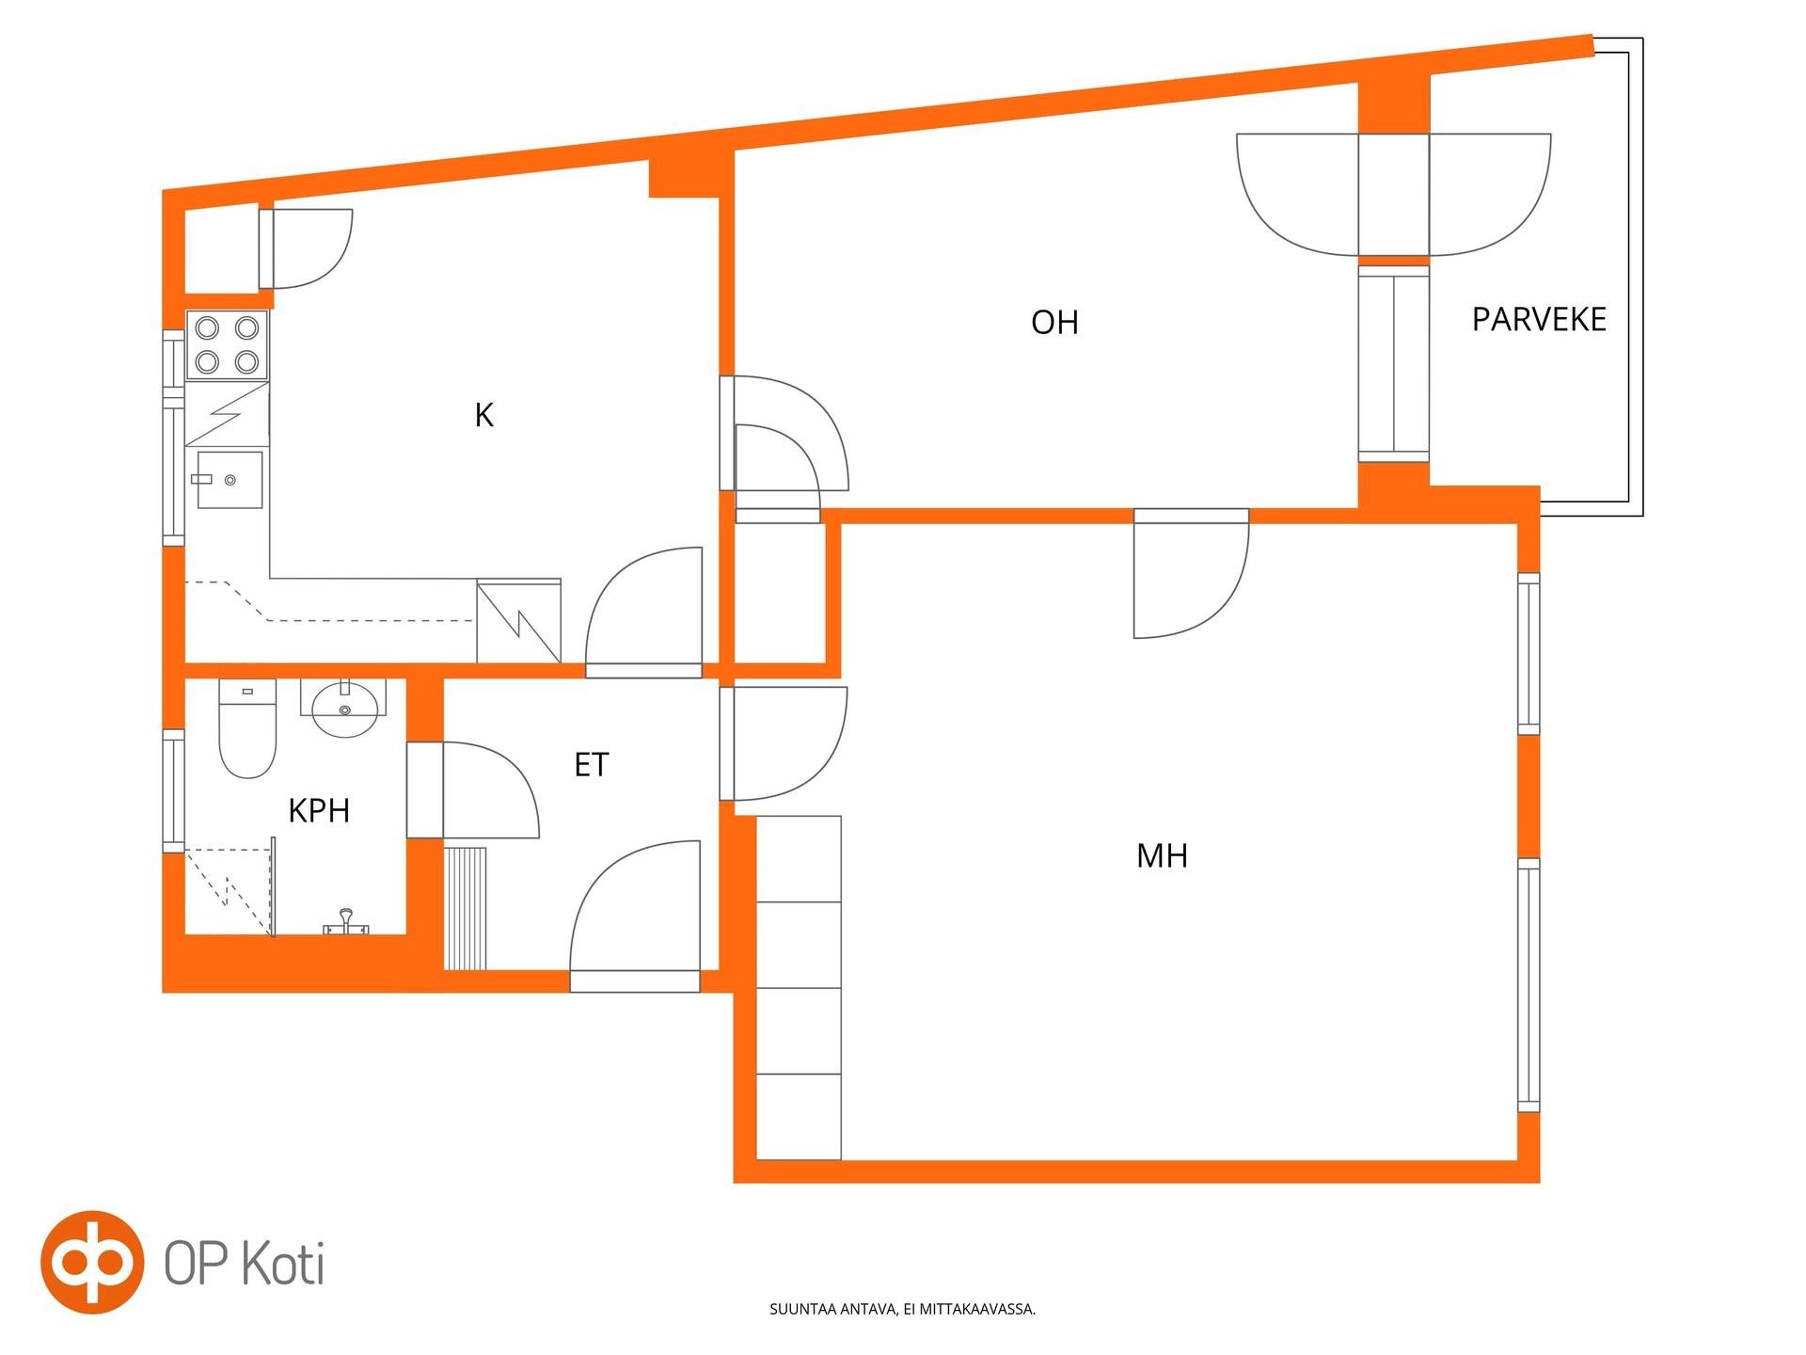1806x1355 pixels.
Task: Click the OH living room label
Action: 1054,323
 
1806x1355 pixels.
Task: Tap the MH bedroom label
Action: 1162,855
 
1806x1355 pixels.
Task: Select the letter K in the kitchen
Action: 483,415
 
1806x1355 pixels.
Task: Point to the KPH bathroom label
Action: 319,810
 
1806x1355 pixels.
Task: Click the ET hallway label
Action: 592,765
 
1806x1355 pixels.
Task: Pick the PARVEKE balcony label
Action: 1539,320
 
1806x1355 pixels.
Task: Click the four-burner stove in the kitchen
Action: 228,344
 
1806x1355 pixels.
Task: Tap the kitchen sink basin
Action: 230,480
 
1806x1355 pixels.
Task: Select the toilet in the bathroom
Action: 247,728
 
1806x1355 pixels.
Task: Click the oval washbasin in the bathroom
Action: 344,709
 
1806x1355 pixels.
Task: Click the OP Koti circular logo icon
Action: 91,1262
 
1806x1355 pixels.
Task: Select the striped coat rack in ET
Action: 466,908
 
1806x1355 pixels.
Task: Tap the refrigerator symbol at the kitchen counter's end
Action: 519,621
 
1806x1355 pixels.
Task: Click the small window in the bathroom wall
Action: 173,790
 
